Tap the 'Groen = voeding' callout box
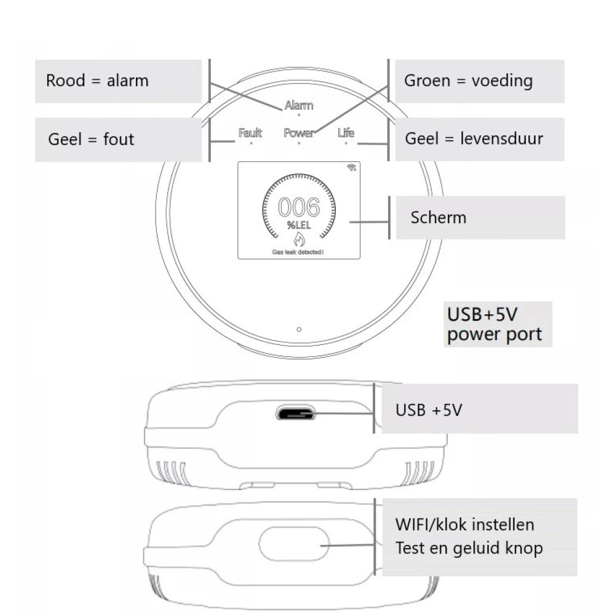click(479, 81)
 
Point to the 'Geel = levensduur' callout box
click(479, 139)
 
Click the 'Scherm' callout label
click(480, 218)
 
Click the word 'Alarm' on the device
click(299, 105)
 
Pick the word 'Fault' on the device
click(250, 133)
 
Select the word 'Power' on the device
click(299, 133)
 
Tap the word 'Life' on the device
click(346, 133)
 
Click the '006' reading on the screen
click(300, 208)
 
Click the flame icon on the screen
click(300, 240)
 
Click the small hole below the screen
click(299, 330)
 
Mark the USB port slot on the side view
click(296, 413)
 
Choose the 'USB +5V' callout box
click(477, 410)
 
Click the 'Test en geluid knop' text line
click(469, 548)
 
